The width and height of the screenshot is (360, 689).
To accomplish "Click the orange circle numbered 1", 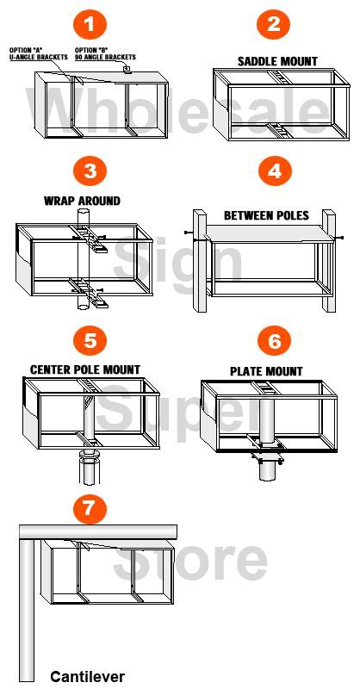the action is click(89, 24).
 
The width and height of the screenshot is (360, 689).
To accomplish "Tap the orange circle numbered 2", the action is click(273, 24).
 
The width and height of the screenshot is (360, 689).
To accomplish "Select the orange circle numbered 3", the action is click(90, 171).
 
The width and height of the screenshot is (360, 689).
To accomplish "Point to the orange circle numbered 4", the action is click(274, 171).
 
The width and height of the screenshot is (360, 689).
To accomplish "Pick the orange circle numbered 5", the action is click(90, 340).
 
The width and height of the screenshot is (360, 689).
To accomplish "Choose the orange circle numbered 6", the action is click(274, 340).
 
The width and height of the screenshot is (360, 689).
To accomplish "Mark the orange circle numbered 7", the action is click(90, 509).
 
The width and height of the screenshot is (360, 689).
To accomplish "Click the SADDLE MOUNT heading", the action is click(277, 61).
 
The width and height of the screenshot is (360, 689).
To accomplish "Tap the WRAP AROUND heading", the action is click(82, 201).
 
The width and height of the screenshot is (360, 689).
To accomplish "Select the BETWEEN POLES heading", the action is click(266, 215).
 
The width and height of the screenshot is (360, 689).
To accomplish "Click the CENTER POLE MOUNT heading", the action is click(85, 369).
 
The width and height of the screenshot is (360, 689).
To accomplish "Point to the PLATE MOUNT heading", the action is click(266, 371).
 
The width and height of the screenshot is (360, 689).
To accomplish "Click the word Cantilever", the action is click(88, 676).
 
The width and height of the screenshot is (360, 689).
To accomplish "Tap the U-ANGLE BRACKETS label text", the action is click(38, 57).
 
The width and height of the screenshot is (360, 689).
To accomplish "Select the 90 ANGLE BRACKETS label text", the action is click(105, 57).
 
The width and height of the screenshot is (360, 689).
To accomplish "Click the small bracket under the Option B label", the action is click(127, 69).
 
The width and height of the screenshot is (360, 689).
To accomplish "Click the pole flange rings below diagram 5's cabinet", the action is click(90, 456).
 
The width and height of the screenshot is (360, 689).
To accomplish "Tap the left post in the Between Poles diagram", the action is click(201, 261).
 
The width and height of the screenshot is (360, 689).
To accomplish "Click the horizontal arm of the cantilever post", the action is click(98, 532).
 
